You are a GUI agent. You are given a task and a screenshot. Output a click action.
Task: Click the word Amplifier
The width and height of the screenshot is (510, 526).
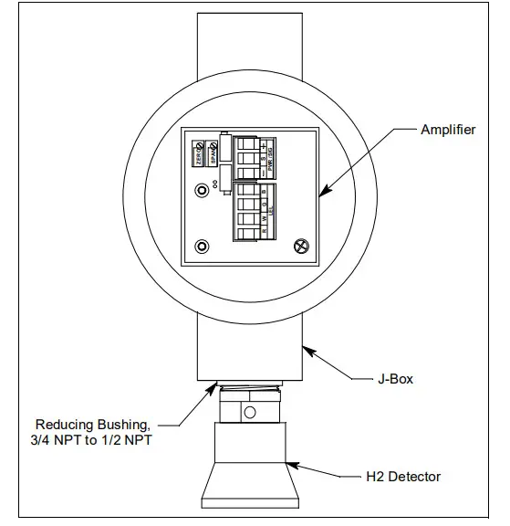(x=447, y=130)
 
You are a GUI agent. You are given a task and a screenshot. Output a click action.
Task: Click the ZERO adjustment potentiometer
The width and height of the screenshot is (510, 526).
(x=200, y=152)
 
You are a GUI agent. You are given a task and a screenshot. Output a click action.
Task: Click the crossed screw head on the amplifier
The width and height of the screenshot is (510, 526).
(x=299, y=245)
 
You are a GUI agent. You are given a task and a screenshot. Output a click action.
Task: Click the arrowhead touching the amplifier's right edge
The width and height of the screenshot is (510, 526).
(x=321, y=193)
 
